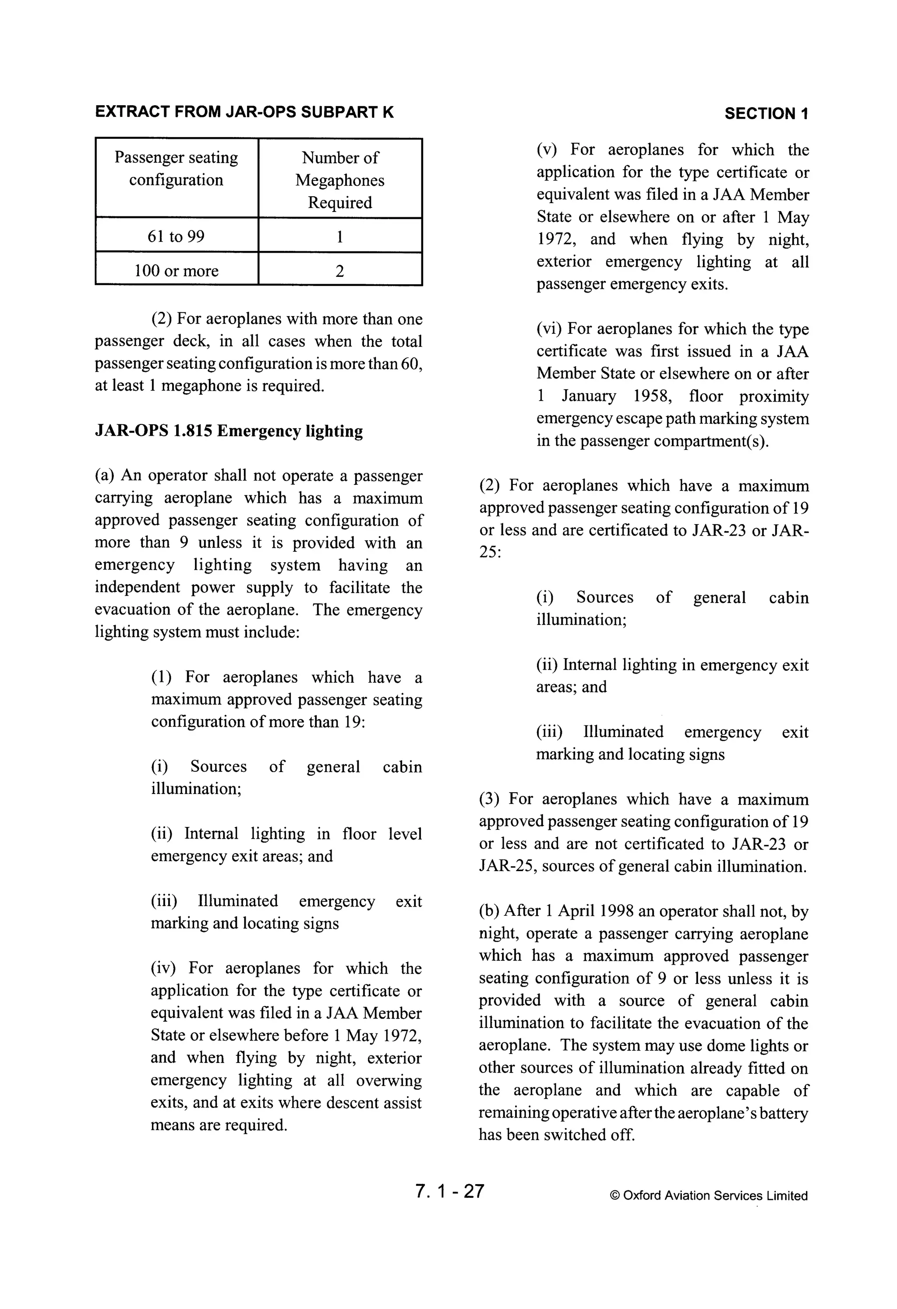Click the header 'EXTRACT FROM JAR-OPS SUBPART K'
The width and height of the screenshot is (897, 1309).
tap(244, 112)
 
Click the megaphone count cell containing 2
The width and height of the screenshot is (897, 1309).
tap(340, 272)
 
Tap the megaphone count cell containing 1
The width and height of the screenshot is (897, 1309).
tap(340, 237)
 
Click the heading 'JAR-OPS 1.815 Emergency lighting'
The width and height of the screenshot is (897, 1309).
tap(229, 431)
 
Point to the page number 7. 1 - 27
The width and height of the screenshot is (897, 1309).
tap(449, 1191)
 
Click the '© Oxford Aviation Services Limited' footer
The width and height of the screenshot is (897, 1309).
tap(708, 1195)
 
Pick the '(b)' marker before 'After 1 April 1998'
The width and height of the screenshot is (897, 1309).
tap(489, 911)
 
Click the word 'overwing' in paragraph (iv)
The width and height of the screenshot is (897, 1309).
tap(389, 1080)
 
